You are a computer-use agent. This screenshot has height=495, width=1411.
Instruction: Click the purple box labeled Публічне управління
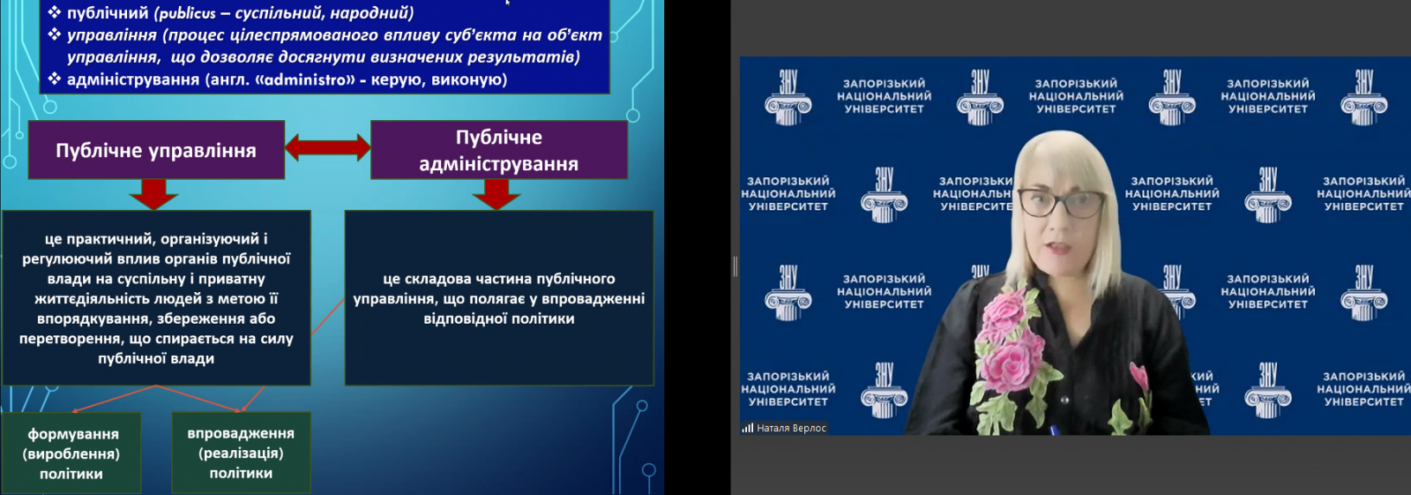pyautogui.click(x=156, y=150)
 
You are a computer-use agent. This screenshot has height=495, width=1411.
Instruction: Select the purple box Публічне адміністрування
pyautogui.click(x=499, y=150)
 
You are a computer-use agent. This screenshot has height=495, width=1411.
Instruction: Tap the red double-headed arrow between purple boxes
pyautogui.click(x=327, y=147)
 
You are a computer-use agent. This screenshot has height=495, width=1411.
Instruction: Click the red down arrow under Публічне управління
pyautogui.click(x=153, y=194)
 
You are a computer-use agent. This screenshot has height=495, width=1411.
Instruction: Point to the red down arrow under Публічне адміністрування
pyautogui.click(x=496, y=194)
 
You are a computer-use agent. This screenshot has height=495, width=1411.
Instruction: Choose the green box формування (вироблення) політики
pyautogui.click(x=71, y=453)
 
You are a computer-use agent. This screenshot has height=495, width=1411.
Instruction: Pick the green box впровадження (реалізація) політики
pyautogui.click(x=242, y=453)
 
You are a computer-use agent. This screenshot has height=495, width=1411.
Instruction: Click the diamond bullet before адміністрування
pyautogui.click(x=55, y=79)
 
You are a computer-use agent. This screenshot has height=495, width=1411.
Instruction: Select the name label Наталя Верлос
pyautogui.click(x=791, y=428)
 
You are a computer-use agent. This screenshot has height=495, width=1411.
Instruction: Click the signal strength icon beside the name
pyautogui.click(x=748, y=428)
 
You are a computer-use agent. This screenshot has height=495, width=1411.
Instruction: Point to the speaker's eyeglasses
pyautogui.click(x=1061, y=204)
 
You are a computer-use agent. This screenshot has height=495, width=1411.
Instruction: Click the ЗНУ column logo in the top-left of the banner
pyautogui.click(x=788, y=98)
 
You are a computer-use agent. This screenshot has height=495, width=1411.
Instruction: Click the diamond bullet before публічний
pyautogui.click(x=55, y=12)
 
